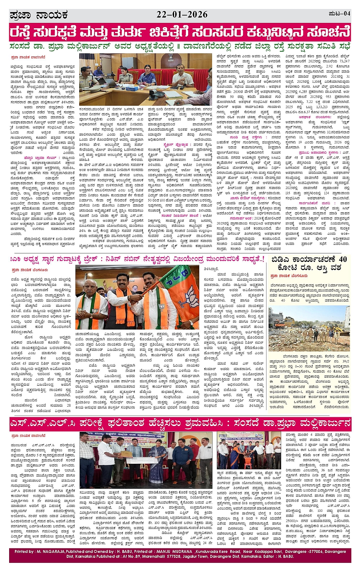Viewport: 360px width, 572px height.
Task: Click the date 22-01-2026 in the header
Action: (182, 14)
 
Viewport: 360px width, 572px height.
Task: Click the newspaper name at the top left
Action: (38, 15)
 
